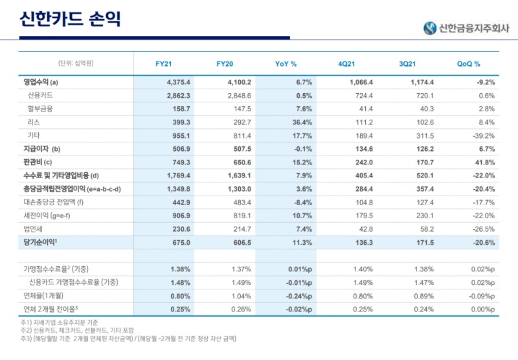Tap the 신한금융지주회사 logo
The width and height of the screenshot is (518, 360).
pyautogui.click(x=466, y=28)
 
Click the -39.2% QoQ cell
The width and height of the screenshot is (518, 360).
pyautogui.click(x=482, y=135)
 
